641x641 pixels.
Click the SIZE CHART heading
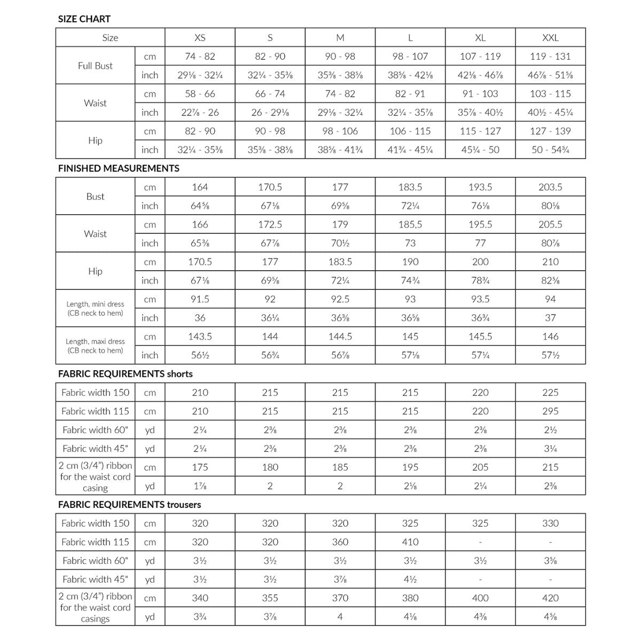tap(84, 19)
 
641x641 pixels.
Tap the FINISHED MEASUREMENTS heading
tap(119, 168)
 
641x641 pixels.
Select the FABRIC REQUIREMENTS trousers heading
tap(129, 504)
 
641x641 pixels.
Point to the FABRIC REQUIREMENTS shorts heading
tap(125, 374)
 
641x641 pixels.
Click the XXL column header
tap(550, 38)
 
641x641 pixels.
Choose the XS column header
tap(200, 38)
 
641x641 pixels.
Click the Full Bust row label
tap(95, 66)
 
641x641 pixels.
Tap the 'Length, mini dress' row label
tap(95, 308)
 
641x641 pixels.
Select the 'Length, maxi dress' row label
tap(95, 346)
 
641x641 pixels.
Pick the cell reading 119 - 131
tap(550, 56)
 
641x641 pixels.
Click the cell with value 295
tap(550, 411)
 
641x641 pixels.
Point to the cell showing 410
tap(410, 542)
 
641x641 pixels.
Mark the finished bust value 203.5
tap(550, 187)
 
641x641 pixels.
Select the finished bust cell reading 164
tap(200, 187)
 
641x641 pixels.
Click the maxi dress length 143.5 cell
tap(200, 337)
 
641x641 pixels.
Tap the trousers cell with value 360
tap(340, 542)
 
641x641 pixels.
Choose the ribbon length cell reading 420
tap(550, 598)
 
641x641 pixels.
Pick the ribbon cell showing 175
tap(200, 467)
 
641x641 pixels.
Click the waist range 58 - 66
tap(200, 93)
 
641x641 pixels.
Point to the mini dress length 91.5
tap(200, 299)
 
